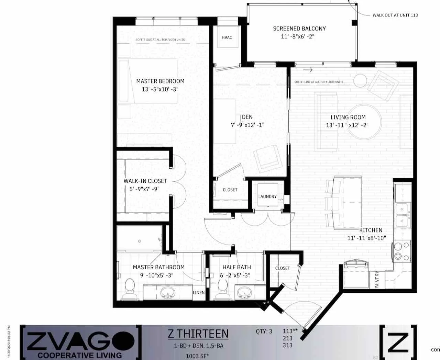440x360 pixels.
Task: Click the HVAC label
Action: [227, 37]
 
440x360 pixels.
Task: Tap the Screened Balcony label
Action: [299, 29]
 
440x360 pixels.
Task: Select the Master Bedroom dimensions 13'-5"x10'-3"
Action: [160, 89]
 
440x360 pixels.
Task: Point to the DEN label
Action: [247, 117]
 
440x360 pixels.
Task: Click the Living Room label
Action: [348, 117]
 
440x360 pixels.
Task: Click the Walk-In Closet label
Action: [145, 181]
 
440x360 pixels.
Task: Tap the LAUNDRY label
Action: [267, 196]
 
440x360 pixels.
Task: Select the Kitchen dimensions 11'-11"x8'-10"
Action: [367, 238]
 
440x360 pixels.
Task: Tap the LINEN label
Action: [199, 293]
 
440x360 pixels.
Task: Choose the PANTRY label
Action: [377, 279]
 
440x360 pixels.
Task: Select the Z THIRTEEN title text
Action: [198, 334]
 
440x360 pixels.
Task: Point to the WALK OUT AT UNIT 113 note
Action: [395, 15]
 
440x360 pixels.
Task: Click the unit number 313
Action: [287, 345]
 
